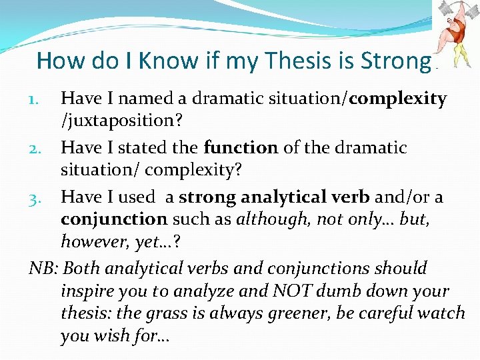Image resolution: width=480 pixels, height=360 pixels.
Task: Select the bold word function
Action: (x=241, y=147)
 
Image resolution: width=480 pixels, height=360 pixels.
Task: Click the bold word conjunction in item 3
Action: (x=114, y=219)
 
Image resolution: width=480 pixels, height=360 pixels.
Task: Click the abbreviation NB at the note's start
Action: (x=41, y=268)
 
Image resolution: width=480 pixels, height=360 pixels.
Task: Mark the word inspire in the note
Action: (x=85, y=291)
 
